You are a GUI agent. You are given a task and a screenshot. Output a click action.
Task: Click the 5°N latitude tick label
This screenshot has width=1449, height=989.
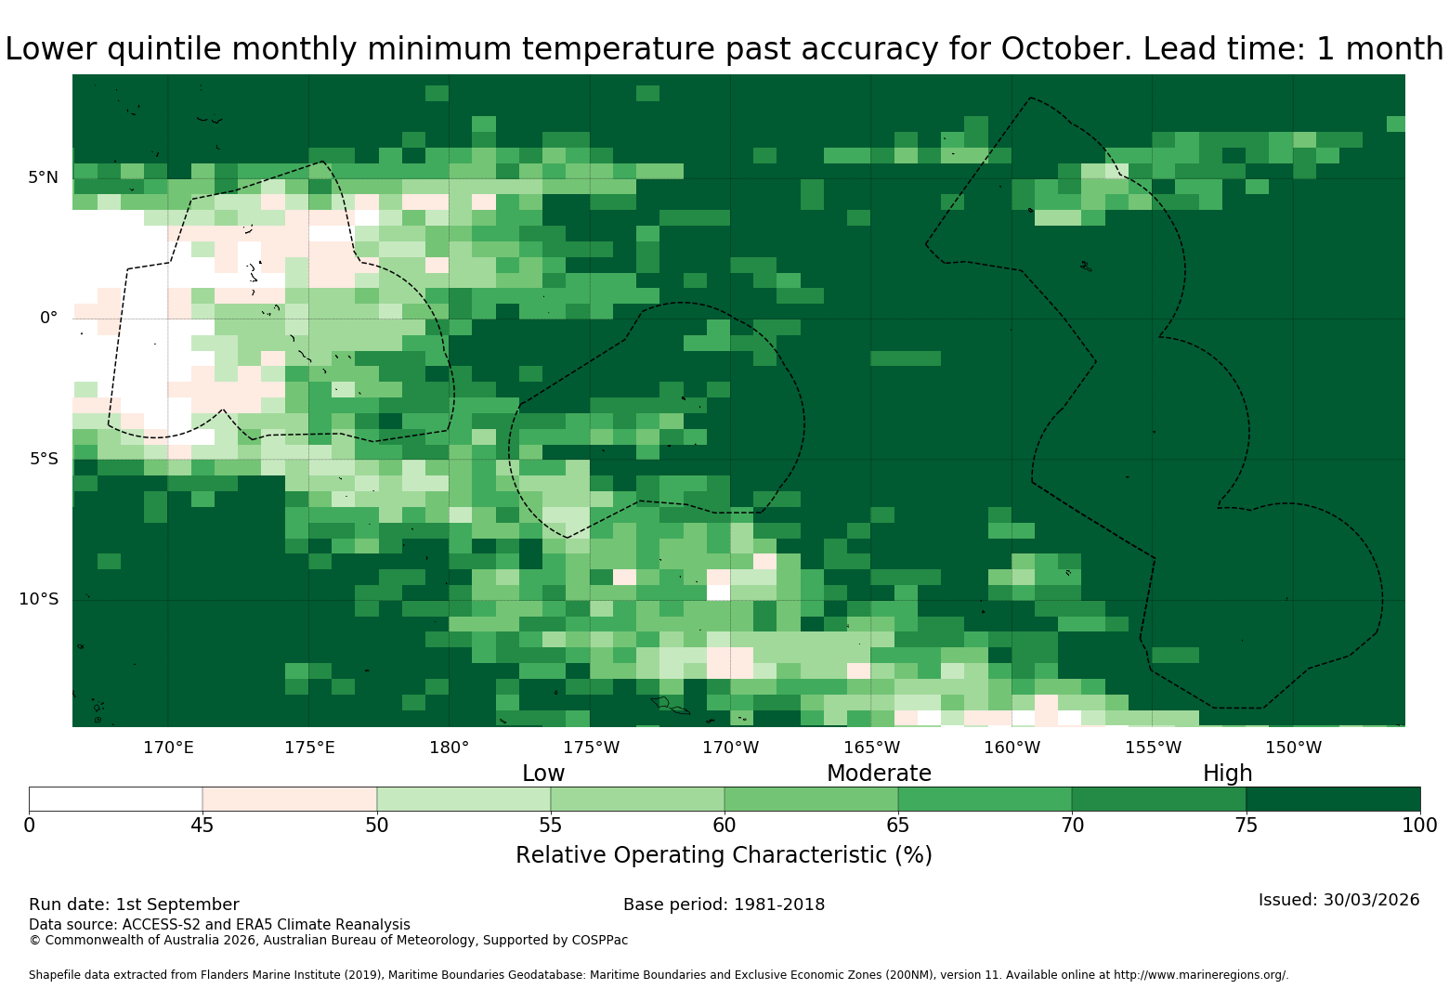pyautogui.click(x=43, y=177)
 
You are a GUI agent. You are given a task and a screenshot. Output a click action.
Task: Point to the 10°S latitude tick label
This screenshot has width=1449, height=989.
pyautogui.click(x=38, y=599)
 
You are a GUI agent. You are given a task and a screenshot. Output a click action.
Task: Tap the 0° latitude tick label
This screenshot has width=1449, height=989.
pyautogui.click(x=48, y=318)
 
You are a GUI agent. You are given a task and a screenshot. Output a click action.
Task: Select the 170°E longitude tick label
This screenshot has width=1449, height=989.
pyautogui.click(x=168, y=748)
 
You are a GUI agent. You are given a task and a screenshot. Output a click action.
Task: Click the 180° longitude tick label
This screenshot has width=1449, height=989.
pyautogui.click(x=449, y=748)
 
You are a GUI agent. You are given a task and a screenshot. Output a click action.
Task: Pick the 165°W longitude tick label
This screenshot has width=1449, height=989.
pyautogui.click(x=871, y=748)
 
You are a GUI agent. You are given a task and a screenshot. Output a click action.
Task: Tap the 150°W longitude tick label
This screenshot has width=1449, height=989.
pyautogui.click(x=1293, y=748)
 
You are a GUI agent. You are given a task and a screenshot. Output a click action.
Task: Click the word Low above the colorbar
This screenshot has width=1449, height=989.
pyautogui.click(x=543, y=773)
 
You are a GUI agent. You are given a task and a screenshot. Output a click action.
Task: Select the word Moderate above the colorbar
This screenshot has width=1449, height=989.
pyautogui.click(x=879, y=773)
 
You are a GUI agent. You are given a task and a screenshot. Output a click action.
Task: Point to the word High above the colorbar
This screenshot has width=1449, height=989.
pyautogui.click(x=1228, y=774)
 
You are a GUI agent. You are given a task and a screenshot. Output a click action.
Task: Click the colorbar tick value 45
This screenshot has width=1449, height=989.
pyautogui.click(x=202, y=826)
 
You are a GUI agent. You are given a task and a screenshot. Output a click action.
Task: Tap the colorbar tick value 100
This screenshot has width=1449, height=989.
pyautogui.click(x=1419, y=826)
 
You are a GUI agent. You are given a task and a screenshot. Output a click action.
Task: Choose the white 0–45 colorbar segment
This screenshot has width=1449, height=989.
pyautogui.click(x=116, y=799)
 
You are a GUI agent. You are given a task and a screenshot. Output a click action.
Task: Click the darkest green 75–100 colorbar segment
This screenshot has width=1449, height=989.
pyautogui.click(x=1333, y=799)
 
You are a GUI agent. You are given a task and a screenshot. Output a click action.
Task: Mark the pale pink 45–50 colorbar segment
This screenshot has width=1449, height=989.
pyautogui.click(x=290, y=799)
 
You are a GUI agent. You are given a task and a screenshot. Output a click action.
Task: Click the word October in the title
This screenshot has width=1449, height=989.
pyautogui.click(x=1066, y=49)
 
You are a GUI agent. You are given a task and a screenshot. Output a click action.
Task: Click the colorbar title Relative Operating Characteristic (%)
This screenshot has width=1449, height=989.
pyautogui.click(x=724, y=855)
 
